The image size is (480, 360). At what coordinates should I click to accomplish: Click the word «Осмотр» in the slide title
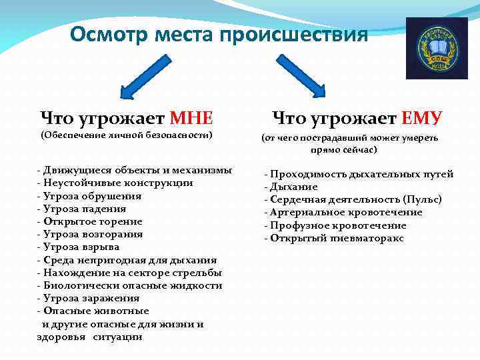tap(110, 34)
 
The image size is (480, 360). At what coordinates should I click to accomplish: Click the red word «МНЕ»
tap(192, 119)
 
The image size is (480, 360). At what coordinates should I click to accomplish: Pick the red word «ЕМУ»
tap(421, 119)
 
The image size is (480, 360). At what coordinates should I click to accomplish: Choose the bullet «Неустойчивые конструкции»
tap(117, 183)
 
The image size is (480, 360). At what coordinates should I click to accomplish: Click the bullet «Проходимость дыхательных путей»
tap(360, 174)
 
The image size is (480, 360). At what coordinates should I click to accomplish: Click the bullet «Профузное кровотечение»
tap(340, 225)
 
